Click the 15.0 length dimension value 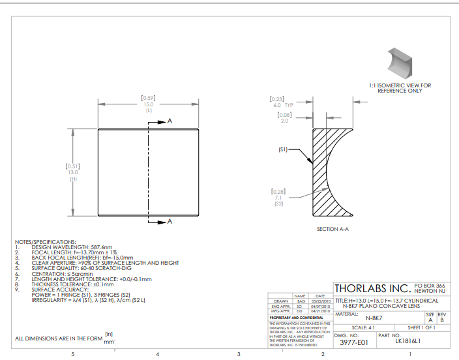(x=149, y=104)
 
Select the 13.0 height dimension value (x=73, y=172)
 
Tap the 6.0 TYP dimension (x=280, y=104)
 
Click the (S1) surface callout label (x=283, y=149)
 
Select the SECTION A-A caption (x=333, y=229)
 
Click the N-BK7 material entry (x=374, y=318)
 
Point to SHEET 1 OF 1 (x=421, y=327)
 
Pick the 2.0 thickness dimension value (x=284, y=121)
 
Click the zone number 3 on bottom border (x=239, y=353)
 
